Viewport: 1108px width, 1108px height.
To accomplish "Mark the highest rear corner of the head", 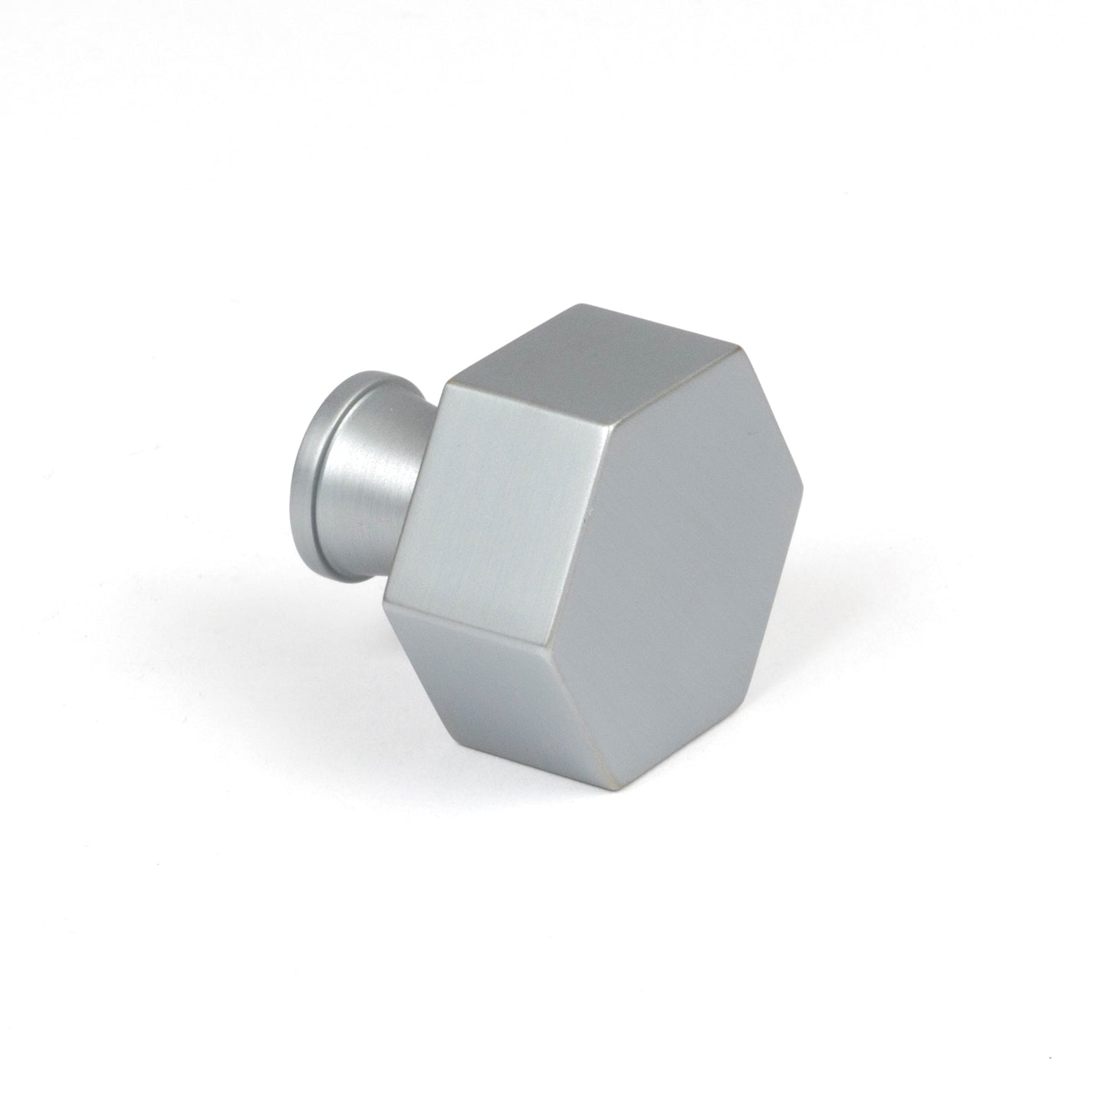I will (x=587, y=304).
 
